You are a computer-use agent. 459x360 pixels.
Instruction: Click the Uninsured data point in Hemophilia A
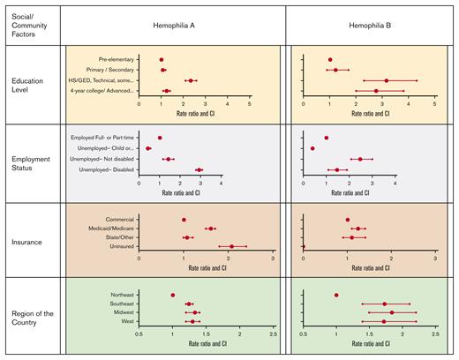(232, 247)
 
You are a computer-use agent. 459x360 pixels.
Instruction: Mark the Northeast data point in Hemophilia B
(336, 295)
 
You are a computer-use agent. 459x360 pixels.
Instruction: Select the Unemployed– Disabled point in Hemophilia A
(199, 169)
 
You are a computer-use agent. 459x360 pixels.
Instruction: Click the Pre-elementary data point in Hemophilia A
(162, 60)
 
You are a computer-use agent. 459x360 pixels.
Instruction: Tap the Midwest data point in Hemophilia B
(392, 312)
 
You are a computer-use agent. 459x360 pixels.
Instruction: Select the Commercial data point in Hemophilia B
(348, 219)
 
